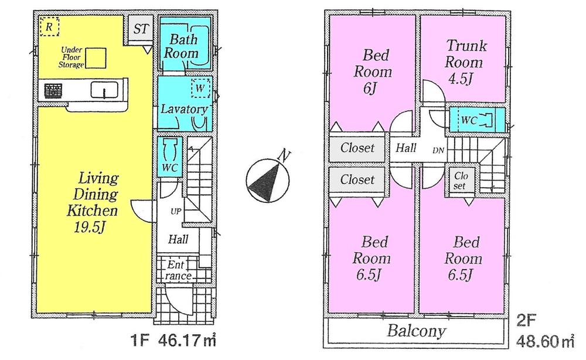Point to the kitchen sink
point(105,90)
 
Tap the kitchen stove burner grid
point(53,91)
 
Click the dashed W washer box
point(200,87)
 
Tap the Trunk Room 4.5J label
point(464,62)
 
